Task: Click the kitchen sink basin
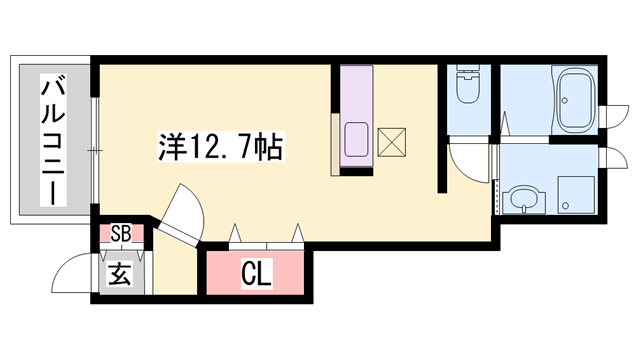coord(357,139)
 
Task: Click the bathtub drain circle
coord(564,100)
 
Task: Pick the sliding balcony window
coord(93,150)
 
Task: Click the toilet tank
coord(468,75)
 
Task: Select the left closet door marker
coord(236,235)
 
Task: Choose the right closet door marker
coord(297,235)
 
